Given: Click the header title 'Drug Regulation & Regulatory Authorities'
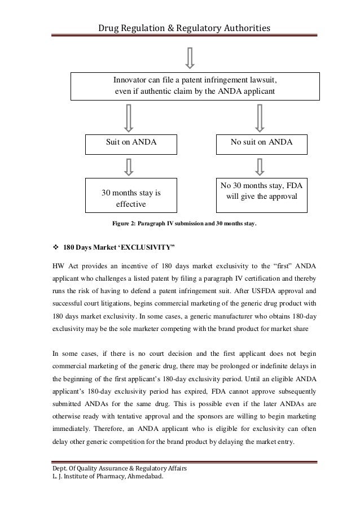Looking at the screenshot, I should [x=184, y=28].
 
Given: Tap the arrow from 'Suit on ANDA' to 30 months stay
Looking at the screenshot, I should [x=129, y=166].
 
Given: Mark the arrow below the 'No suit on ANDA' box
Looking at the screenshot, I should [x=260, y=166].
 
